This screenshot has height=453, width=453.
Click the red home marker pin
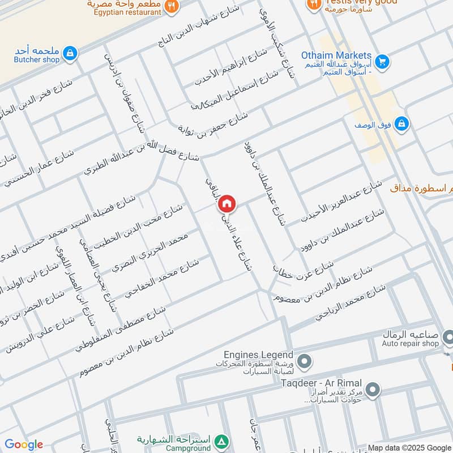(x=226, y=203)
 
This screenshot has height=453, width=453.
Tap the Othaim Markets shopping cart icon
(x=382, y=61)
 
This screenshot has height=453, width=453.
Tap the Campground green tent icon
(x=223, y=441)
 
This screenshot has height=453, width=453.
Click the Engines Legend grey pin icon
(x=305, y=360)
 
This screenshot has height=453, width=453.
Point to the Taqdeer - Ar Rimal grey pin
(x=372, y=390)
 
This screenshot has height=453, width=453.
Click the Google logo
(x=23, y=445)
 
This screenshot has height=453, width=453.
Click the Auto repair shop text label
(x=411, y=343)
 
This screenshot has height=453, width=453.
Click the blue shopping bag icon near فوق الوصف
(x=401, y=123)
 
